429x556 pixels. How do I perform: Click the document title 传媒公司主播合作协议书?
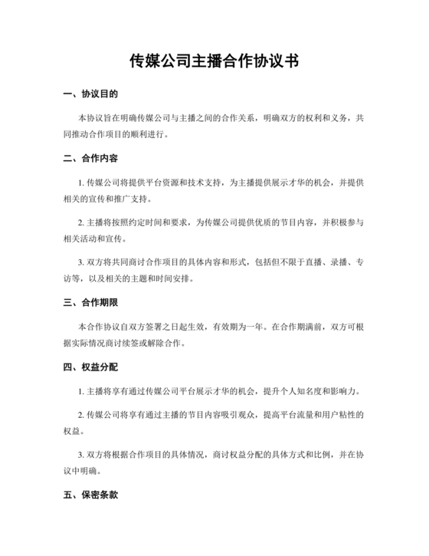(214, 61)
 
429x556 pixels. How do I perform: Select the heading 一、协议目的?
(90, 95)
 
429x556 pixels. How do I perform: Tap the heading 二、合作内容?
(90, 159)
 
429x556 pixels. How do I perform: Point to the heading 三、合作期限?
(90, 302)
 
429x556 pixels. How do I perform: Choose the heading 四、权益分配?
(90, 367)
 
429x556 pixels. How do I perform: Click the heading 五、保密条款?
(90, 495)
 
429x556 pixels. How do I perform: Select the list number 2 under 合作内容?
(81, 222)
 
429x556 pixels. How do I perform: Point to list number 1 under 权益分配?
(81, 390)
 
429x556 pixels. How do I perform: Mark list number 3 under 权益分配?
(81, 454)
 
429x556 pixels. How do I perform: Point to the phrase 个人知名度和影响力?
(322, 390)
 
